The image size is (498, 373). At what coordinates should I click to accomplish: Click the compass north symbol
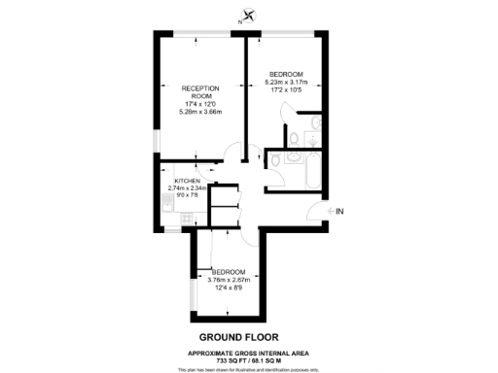tap(250, 15)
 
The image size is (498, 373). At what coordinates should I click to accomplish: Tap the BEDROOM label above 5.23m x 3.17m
tap(286, 75)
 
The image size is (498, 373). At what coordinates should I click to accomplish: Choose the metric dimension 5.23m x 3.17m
tap(286, 83)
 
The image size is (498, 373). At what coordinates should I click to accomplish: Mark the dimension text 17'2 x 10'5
tap(286, 90)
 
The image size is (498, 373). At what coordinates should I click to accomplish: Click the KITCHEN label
tap(187, 182)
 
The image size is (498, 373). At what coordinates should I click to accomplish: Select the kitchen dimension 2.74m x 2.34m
tap(196, 188)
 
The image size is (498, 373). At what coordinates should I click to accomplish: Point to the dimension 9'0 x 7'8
tap(187, 195)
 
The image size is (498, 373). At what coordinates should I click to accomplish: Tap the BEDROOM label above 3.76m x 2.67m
tap(231, 271)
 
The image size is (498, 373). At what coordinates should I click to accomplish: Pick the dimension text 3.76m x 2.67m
tap(231, 279)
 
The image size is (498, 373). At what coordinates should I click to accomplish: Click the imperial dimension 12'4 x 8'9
tap(231, 287)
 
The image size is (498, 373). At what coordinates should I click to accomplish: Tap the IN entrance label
tap(339, 211)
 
